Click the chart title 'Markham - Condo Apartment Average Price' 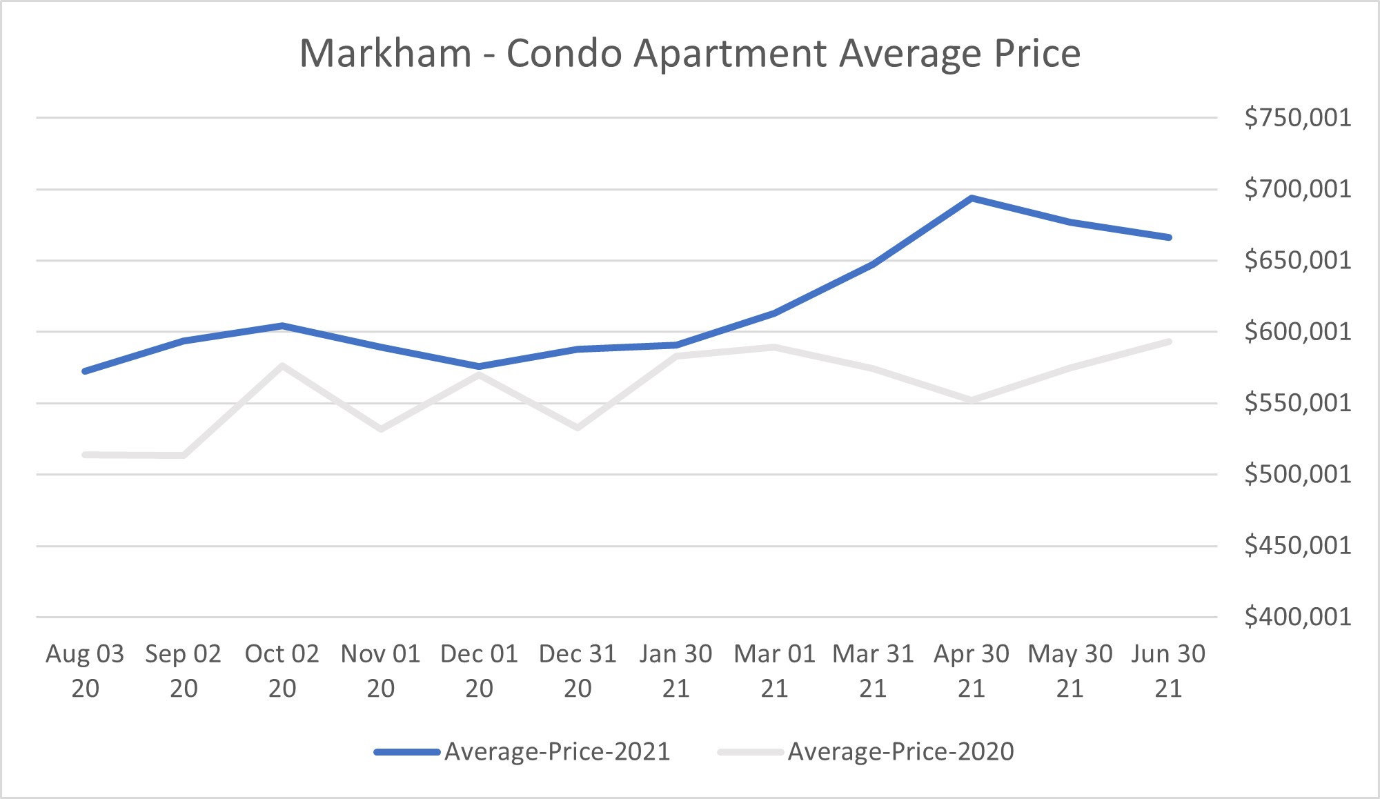690,54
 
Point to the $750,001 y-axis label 1297,118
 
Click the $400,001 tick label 1297,617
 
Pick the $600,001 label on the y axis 1297,332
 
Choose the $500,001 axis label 1297,475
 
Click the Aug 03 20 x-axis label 85,671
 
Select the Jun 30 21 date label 1168,671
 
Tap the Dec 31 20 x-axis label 578,671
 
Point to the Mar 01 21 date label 774,671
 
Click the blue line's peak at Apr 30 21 972,199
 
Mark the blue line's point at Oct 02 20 282,326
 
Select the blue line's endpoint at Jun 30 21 1169,237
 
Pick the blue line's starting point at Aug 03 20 85,371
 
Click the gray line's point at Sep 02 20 184,455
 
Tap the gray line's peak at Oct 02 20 282,366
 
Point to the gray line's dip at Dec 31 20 578,428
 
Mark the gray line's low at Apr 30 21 972,400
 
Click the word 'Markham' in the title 386,54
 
